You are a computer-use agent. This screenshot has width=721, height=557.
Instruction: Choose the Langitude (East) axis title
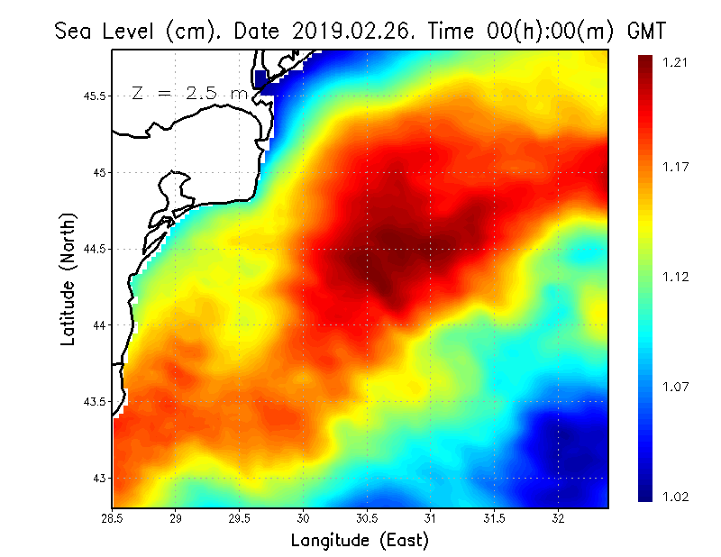pos(360,540)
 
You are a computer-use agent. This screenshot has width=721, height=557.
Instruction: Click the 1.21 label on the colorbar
pos(676,62)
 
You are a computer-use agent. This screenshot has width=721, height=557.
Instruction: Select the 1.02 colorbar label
pos(676,497)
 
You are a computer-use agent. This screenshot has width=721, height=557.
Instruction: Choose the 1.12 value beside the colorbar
pos(676,277)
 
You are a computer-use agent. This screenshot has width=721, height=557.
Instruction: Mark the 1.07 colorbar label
pos(676,388)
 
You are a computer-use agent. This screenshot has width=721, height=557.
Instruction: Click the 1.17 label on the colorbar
pos(676,167)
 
